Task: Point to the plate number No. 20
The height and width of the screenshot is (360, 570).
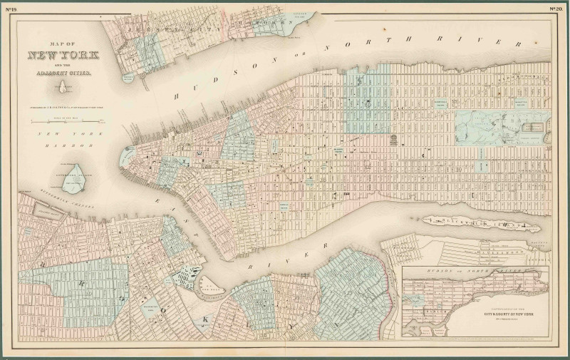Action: point(557,9)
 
